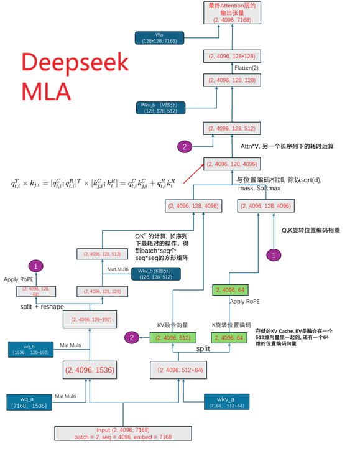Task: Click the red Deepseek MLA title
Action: (x=75, y=77)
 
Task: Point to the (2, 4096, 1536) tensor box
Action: (x=91, y=370)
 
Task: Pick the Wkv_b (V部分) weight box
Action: (x=160, y=107)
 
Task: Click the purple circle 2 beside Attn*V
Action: (x=185, y=147)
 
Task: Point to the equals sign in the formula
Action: (x=127, y=184)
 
